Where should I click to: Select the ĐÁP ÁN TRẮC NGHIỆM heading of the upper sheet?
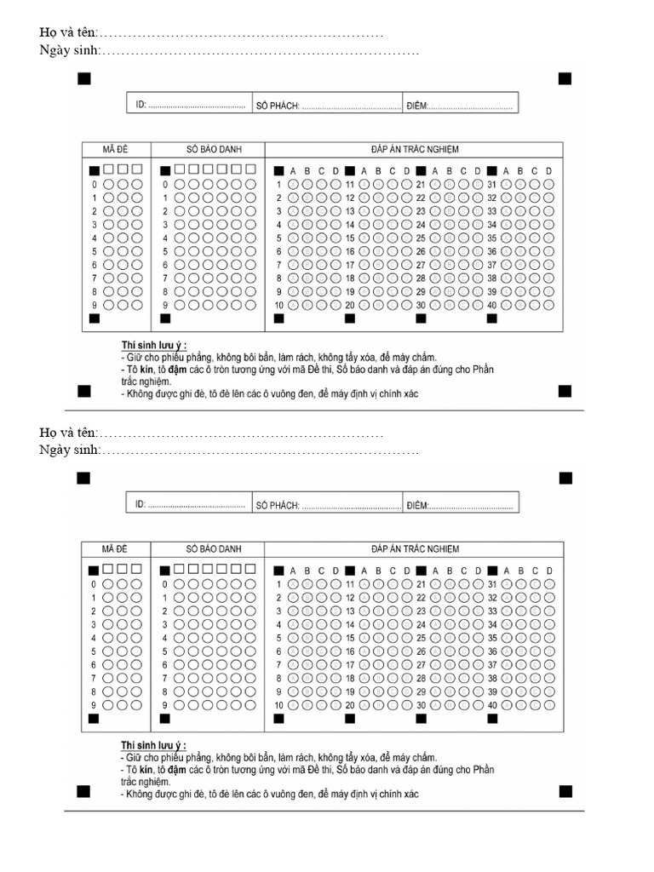(x=415, y=149)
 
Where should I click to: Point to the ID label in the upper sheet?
(x=141, y=106)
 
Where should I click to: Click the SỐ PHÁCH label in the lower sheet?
(x=276, y=506)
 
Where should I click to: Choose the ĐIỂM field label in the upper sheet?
(x=416, y=106)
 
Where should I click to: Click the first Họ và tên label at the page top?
(x=68, y=33)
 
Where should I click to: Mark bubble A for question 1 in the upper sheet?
(x=294, y=184)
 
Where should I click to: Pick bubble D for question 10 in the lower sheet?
(x=336, y=705)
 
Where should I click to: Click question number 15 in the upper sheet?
(x=349, y=238)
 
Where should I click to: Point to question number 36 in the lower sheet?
(x=491, y=651)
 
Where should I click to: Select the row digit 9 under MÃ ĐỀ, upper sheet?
(x=94, y=305)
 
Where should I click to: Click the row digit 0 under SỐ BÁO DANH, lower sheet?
(x=165, y=584)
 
